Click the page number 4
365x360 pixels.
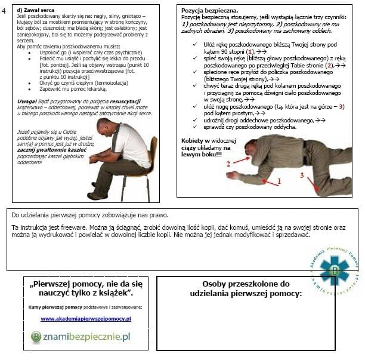pos(4,10)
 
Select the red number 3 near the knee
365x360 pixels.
pos(302,174)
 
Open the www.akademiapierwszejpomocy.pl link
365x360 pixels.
pos(86,318)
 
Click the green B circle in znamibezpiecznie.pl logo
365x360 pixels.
pos(37,337)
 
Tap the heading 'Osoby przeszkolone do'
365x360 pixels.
pos(246,284)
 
